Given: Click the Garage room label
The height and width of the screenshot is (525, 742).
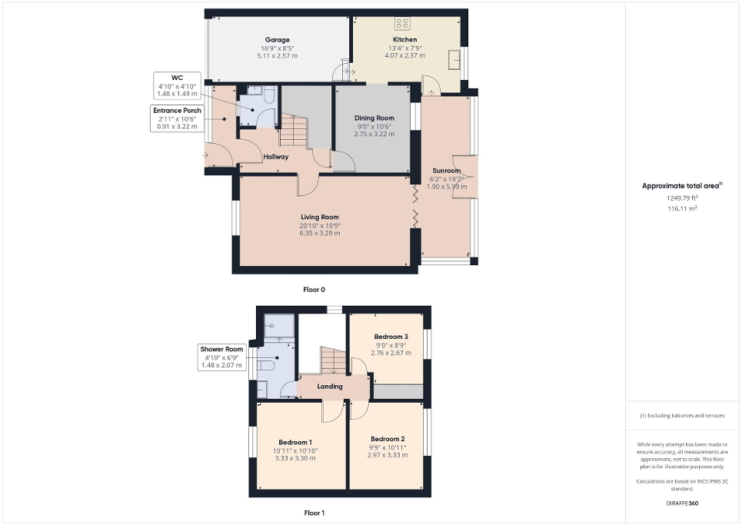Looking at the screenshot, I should point(277,40).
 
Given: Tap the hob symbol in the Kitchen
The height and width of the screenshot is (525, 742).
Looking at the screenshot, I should point(401,23).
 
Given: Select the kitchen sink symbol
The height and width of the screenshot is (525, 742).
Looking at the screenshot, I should point(454,59).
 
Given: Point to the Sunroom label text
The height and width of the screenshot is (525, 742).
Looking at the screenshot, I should point(446,171).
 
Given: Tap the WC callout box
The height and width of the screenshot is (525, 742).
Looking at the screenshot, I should point(178,85).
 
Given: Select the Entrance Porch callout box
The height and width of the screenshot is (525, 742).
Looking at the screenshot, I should point(176,118).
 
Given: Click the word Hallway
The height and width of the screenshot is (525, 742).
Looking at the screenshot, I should point(275,157).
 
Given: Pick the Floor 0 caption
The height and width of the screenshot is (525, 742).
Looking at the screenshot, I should point(314,291).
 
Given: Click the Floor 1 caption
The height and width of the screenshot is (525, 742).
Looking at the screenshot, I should point(314,512).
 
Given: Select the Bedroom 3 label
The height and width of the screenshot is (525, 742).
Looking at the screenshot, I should point(391,337).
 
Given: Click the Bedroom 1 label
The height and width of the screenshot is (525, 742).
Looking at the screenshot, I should point(295,442).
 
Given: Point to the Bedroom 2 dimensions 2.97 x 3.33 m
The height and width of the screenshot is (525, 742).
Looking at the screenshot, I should point(388,454).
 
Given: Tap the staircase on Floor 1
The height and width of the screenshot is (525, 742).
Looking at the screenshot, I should point(334,361).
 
